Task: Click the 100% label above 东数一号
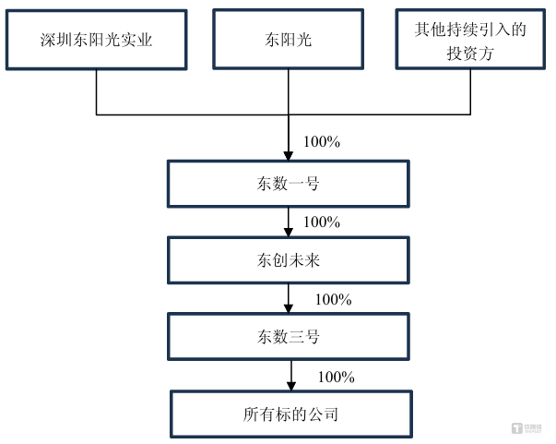(x=322, y=142)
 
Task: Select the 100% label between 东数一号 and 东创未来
(x=322, y=222)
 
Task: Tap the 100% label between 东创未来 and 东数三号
(x=333, y=300)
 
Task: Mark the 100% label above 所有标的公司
(x=337, y=377)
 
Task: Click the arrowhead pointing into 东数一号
(x=289, y=156)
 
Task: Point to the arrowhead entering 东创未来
(x=289, y=233)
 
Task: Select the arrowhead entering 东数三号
(x=289, y=309)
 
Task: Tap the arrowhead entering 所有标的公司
(x=291, y=387)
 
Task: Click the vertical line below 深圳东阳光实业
(x=97, y=92)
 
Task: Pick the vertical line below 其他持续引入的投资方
(x=470, y=92)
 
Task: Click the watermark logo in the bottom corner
(x=526, y=428)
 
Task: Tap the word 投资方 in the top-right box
(x=470, y=54)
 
